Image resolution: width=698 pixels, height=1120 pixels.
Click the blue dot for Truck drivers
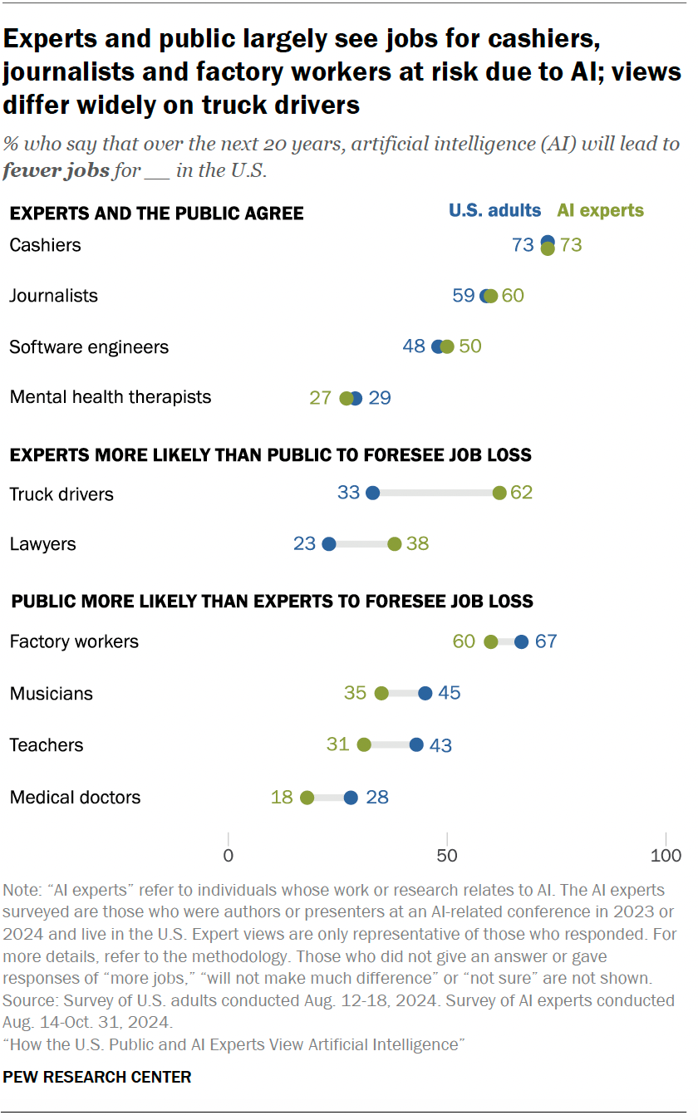(x=372, y=493)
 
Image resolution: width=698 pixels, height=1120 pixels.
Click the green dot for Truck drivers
(x=499, y=493)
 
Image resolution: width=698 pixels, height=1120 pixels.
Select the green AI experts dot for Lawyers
(x=395, y=544)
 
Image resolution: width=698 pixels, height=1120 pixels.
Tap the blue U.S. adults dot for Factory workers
(x=521, y=641)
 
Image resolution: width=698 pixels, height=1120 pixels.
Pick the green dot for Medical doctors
(x=307, y=798)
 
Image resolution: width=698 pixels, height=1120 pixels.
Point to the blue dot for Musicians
(x=425, y=693)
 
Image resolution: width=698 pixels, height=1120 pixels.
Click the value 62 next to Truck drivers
(x=521, y=493)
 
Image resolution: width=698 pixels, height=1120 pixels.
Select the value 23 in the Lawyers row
(x=304, y=544)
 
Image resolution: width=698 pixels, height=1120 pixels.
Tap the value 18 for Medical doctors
(x=282, y=798)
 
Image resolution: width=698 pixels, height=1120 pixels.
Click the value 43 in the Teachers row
(x=440, y=745)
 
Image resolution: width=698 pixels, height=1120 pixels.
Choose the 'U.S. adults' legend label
(x=494, y=210)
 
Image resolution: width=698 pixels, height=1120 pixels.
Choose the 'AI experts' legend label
(x=600, y=210)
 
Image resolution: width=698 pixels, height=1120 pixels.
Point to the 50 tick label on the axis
(x=447, y=856)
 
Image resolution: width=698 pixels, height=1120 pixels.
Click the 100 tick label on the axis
(x=665, y=856)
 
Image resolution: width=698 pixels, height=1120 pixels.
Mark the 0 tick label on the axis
(x=228, y=856)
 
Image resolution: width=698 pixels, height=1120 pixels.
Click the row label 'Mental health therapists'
(x=111, y=397)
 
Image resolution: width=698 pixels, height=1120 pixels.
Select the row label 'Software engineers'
(x=89, y=347)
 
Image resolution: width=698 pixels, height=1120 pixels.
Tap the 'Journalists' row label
(x=53, y=296)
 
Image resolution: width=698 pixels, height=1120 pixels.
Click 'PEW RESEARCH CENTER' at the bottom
(x=97, y=1077)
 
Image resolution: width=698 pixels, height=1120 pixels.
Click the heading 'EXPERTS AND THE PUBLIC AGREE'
(x=156, y=214)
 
